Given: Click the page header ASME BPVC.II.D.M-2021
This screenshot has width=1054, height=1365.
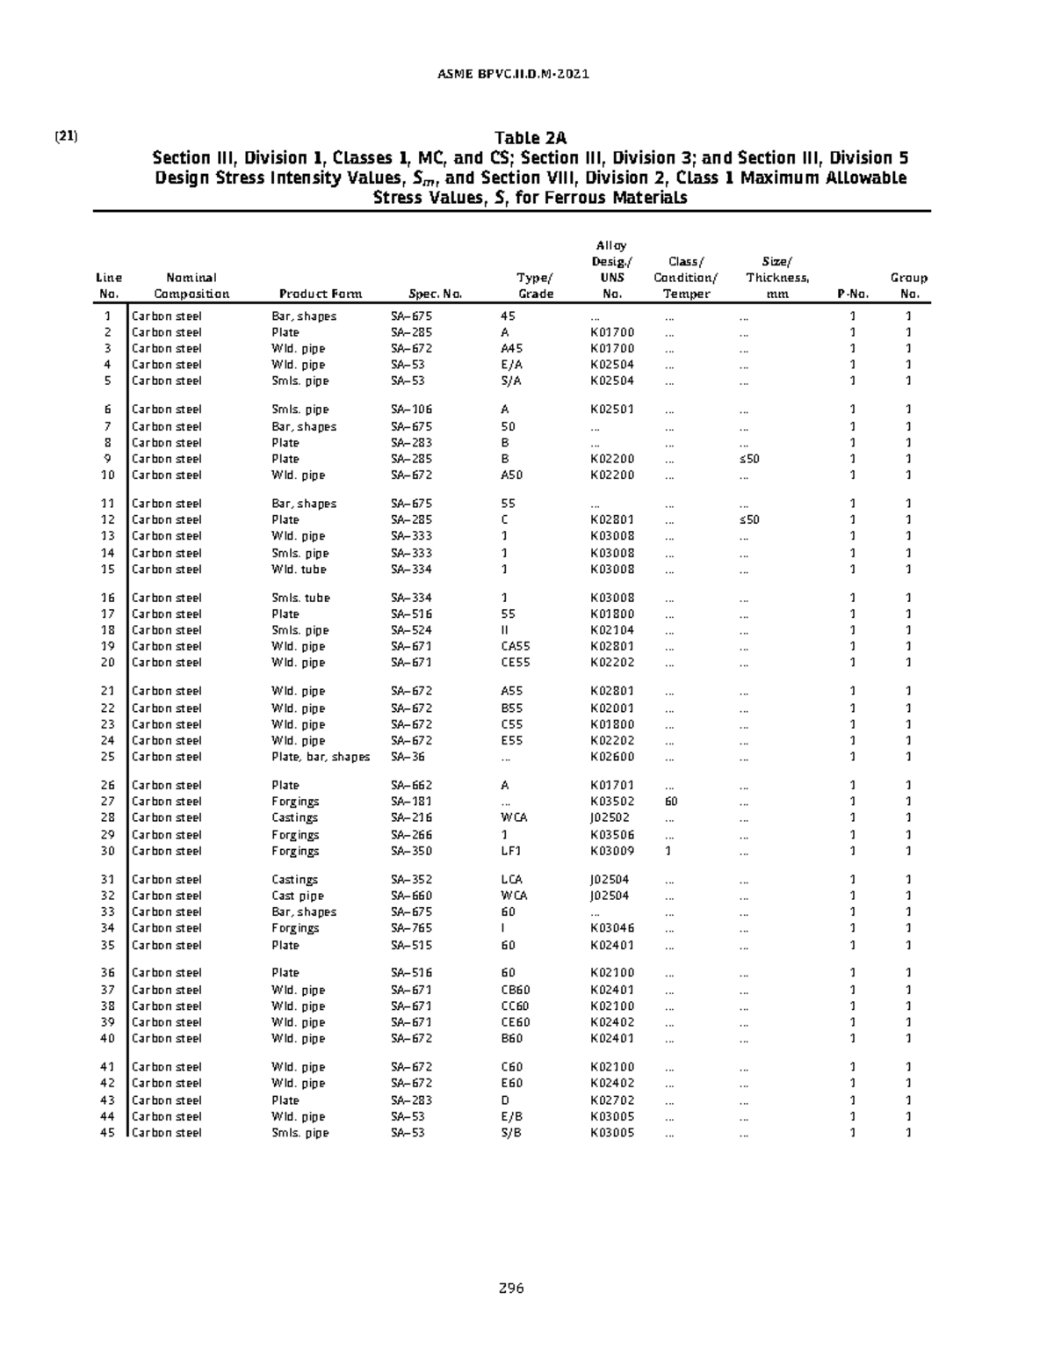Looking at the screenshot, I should pos(513,74).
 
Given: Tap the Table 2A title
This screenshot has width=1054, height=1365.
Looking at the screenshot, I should pos(530,138).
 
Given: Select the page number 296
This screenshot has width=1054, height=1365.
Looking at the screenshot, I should pos(511,1288).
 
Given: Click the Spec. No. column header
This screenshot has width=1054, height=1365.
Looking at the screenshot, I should pos(436,294).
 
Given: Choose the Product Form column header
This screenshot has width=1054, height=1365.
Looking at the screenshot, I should pos(320,294).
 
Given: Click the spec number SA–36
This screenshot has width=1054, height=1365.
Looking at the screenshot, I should pos(408,757).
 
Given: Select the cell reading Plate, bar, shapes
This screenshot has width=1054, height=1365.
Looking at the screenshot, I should pos(321,757).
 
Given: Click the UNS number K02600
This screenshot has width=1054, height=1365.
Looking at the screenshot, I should pos(612,757).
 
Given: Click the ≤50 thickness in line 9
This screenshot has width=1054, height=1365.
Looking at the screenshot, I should pos(748,459).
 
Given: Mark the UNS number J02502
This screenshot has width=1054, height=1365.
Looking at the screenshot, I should pos(610,817).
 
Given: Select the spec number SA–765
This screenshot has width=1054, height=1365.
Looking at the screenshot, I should pos(411,928).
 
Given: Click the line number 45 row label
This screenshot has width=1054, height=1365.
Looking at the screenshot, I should pos(107,1133).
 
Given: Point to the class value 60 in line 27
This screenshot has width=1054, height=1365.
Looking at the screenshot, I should pos(671,802).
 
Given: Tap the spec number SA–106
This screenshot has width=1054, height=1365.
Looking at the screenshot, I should pos(411,410).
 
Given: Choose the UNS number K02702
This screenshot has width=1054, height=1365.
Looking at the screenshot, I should pos(612,1100).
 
